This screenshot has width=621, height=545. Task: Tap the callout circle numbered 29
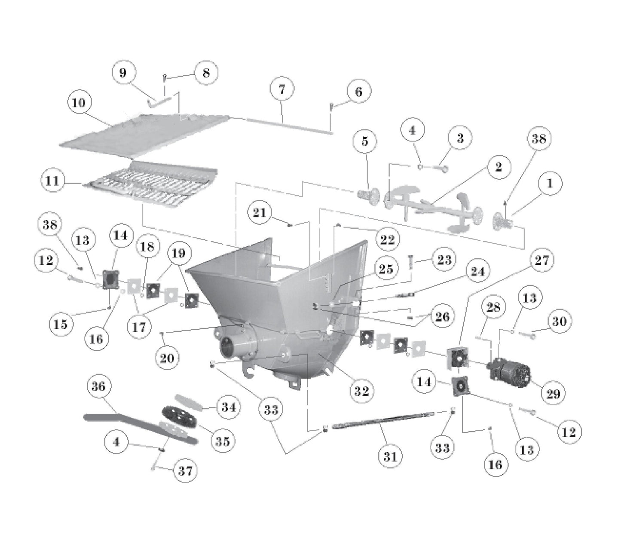click(553, 393)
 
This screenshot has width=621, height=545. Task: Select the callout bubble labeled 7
click(282, 89)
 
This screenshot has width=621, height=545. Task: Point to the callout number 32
click(361, 391)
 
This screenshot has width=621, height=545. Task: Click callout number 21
click(260, 212)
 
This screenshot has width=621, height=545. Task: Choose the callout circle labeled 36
click(99, 386)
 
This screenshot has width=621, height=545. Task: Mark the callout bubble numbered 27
click(541, 260)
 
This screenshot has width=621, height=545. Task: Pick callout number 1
click(549, 183)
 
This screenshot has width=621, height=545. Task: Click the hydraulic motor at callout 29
click(509, 370)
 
